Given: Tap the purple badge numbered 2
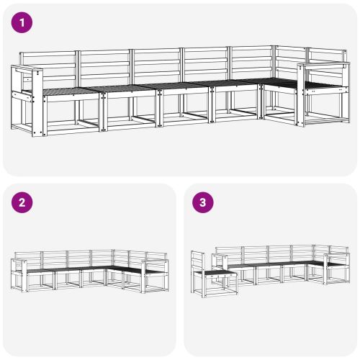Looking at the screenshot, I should (x=23, y=202).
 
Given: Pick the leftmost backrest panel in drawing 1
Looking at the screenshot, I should (x=48, y=68).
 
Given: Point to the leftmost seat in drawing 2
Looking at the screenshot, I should (x=39, y=271).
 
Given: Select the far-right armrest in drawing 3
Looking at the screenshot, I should (x=336, y=256).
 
